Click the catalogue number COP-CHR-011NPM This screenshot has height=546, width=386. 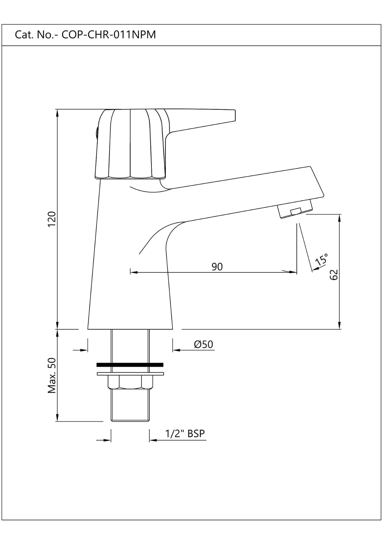tap(108, 35)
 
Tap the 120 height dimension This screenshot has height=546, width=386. tap(52, 219)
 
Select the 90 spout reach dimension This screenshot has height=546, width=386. tap(217, 267)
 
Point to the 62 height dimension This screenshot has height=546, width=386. tap(334, 274)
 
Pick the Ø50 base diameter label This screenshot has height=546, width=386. tap(203, 344)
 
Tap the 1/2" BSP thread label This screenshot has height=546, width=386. tap(185, 434)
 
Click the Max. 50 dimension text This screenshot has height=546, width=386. tap(52, 376)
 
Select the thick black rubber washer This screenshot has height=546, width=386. tap(130, 365)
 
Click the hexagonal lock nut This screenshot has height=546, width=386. tap(130, 382)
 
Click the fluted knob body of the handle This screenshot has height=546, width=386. tap(131, 145)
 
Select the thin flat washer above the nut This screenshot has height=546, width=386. tap(130, 374)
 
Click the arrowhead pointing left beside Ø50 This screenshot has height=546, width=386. tap(176, 350)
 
